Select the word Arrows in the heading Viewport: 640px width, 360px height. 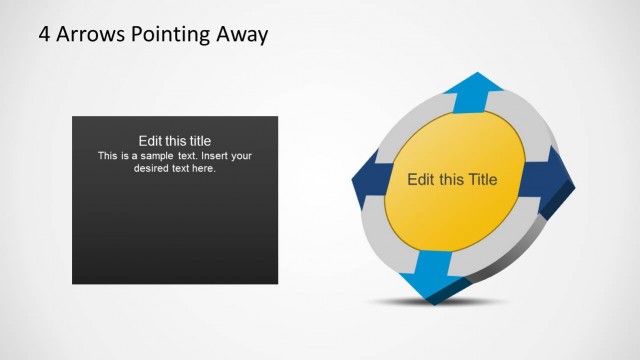[89, 35]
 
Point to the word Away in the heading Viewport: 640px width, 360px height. [243, 36]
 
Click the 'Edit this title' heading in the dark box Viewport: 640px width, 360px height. [175, 141]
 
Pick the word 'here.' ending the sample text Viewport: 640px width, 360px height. [203, 168]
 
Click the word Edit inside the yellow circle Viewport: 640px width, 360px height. [420, 180]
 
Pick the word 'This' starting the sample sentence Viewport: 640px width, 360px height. [108, 156]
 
